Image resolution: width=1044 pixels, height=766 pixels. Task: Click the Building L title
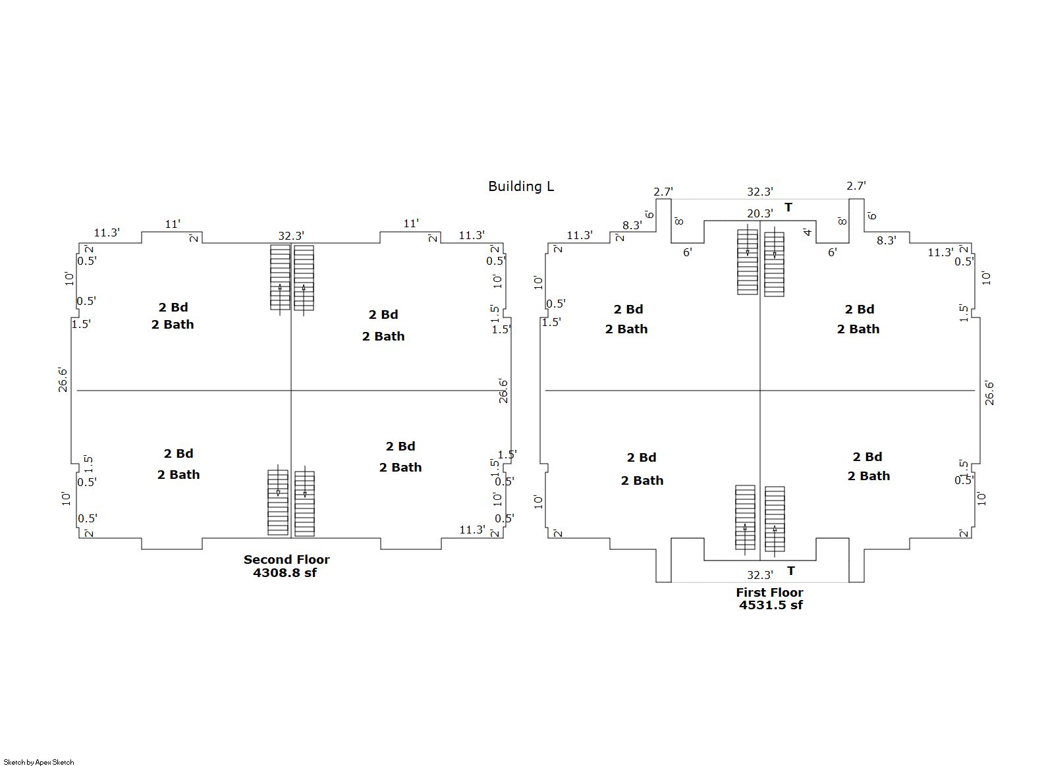pyautogui.click(x=521, y=186)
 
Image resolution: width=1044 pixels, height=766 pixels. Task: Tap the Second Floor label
pyautogui.click(x=287, y=559)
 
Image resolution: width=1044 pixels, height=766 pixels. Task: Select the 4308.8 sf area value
pyautogui.click(x=285, y=573)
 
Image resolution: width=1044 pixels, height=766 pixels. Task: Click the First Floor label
pyautogui.click(x=769, y=592)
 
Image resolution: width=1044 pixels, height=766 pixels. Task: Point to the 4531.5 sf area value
pyautogui.click(x=771, y=605)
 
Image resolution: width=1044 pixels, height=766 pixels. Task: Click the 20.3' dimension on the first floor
pyautogui.click(x=759, y=213)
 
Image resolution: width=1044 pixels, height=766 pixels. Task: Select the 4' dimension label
pyautogui.click(x=808, y=232)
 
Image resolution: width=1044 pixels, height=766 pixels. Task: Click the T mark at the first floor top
pyautogui.click(x=788, y=207)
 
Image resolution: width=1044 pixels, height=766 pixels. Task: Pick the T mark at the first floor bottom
pyautogui.click(x=791, y=570)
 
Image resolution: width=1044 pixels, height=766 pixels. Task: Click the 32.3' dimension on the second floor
pyautogui.click(x=291, y=236)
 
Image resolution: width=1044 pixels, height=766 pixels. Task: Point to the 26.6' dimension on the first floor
pyautogui.click(x=989, y=393)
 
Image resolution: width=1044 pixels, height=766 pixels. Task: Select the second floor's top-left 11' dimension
pyautogui.click(x=173, y=224)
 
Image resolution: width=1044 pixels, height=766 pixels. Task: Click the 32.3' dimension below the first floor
pyautogui.click(x=759, y=575)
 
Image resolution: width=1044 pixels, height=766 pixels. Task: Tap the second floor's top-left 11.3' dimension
pyautogui.click(x=107, y=233)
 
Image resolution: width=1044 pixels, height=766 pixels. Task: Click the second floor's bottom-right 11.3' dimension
pyautogui.click(x=472, y=530)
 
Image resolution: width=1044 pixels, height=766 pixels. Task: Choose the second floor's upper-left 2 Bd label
pyautogui.click(x=173, y=307)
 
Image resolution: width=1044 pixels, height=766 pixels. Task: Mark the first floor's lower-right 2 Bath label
pyautogui.click(x=869, y=476)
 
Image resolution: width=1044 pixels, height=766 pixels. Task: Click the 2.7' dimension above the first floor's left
pyautogui.click(x=663, y=192)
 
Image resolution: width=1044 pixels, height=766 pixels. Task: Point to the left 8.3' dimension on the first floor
pyautogui.click(x=632, y=225)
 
